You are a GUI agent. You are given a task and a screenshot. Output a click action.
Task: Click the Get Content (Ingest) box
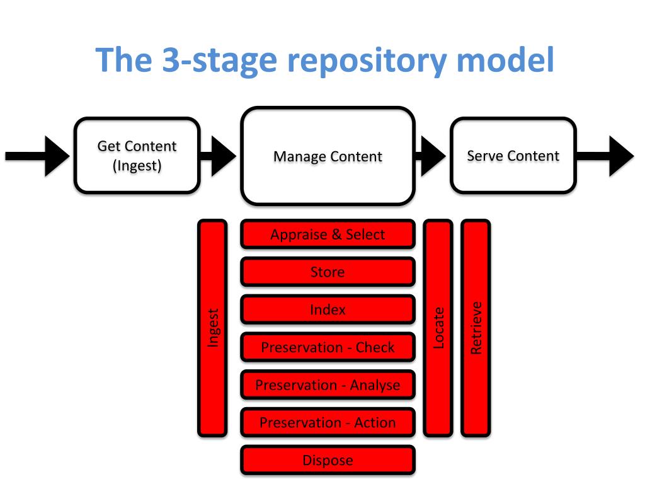tap(137, 156)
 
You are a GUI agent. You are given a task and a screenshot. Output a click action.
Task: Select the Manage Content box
tap(328, 156)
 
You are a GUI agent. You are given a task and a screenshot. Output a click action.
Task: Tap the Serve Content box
tap(513, 156)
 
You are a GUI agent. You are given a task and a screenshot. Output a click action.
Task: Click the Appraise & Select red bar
tap(328, 234)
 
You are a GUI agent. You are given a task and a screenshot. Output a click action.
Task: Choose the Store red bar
tap(328, 272)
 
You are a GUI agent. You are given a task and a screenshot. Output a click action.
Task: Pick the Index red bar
tap(328, 309)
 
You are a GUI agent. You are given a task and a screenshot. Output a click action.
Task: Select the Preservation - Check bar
tap(328, 347)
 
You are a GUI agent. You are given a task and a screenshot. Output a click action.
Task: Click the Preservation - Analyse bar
tap(328, 385)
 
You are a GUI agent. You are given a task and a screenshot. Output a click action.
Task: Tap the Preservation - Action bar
tap(328, 423)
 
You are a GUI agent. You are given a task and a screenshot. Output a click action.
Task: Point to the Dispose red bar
tap(328, 460)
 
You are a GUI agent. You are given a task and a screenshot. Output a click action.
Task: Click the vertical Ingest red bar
tap(212, 328)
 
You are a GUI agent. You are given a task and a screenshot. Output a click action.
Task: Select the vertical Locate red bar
tap(438, 328)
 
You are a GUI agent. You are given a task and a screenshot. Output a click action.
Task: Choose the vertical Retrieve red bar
tap(476, 328)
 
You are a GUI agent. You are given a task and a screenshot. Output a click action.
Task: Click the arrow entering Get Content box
tap(37, 156)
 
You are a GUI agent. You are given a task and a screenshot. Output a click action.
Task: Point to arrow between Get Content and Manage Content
tap(218, 156)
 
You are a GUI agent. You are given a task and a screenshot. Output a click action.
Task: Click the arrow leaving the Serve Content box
tap(605, 156)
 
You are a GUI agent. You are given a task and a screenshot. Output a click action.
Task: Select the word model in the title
tap(506, 59)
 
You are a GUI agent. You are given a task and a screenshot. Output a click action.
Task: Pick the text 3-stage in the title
tap(220, 60)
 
